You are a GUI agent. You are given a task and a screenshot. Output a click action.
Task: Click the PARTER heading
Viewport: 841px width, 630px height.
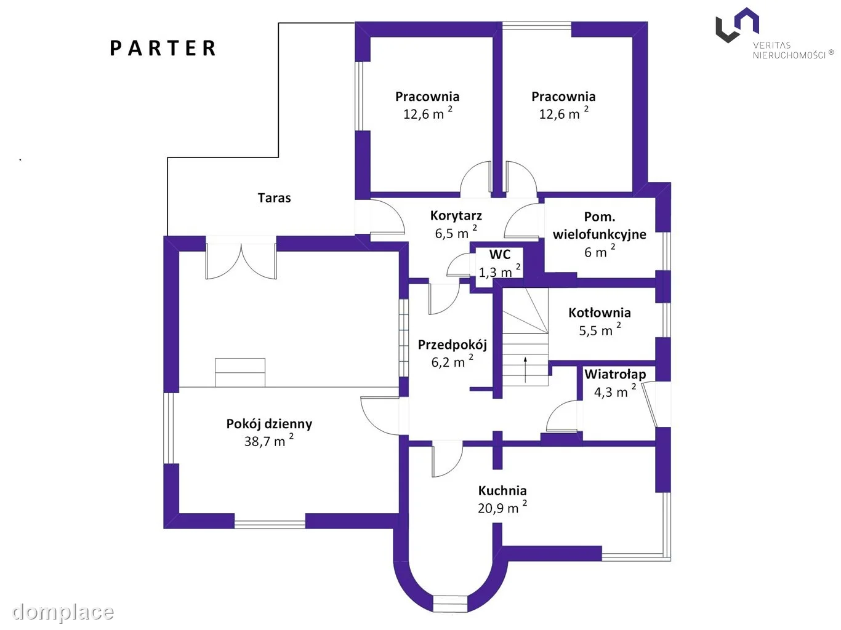[163, 48]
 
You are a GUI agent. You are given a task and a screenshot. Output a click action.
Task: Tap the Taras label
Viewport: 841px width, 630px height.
[274, 198]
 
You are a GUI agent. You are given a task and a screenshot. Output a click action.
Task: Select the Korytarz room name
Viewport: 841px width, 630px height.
[456, 216]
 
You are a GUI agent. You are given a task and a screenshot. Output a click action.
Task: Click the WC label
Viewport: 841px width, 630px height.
[500, 255]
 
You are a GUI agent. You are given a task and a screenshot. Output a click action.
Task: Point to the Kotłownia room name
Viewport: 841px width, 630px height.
[599, 313]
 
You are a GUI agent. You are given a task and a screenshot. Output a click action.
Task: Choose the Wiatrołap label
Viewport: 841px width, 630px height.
[615, 374]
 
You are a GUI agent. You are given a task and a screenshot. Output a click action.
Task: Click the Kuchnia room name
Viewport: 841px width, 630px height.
[502, 490]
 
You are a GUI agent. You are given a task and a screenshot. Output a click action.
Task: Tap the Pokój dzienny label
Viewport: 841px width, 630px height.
[269, 424]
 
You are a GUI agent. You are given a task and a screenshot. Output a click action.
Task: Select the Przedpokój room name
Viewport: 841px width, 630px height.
[452, 345]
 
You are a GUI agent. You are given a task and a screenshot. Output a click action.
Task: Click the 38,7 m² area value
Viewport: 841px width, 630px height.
[269, 441]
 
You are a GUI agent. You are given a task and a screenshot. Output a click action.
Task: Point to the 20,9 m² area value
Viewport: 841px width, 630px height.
[502, 507]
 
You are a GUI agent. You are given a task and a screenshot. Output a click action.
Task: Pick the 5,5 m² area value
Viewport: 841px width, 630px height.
[600, 330]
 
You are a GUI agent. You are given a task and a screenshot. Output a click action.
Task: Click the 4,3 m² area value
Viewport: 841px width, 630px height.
[615, 391]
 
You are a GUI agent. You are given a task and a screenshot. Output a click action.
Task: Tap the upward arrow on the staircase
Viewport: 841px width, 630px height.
[525, 370]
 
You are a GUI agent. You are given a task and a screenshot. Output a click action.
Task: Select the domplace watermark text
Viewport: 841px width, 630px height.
[63, 612]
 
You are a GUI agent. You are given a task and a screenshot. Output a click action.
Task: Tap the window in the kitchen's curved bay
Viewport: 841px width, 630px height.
[450, 604]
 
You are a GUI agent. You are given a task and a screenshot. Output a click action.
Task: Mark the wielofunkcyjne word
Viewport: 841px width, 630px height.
[599, 234]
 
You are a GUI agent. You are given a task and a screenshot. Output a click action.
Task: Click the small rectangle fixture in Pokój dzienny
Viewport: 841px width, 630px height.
[240, 372]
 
